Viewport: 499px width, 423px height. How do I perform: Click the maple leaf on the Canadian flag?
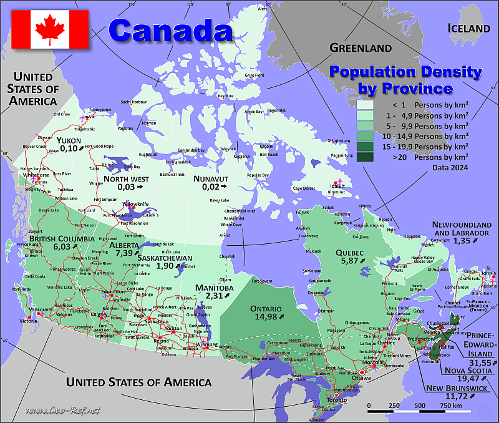[x=50, y=29]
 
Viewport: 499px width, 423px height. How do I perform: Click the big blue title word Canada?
[x=170, y=29]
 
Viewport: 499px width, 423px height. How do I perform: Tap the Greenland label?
[x=361, y=47]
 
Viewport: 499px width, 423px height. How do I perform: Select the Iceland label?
[x=469, y=28]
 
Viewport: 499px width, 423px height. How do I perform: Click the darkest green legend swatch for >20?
[x=365, y=158]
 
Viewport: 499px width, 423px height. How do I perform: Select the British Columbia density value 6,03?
[x=62, y=247]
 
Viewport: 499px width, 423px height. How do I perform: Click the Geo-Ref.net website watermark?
[x=64, y=410]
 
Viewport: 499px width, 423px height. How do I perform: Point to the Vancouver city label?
[x=41, y=309]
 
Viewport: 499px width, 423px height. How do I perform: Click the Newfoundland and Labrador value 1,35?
[x=463, y=240]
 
